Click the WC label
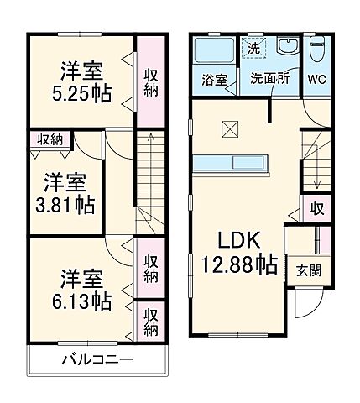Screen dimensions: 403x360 (316, 81)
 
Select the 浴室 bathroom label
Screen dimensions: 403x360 (215, 81)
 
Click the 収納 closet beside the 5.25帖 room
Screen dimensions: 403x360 (151, 81)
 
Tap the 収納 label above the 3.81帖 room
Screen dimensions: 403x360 (41, 140)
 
